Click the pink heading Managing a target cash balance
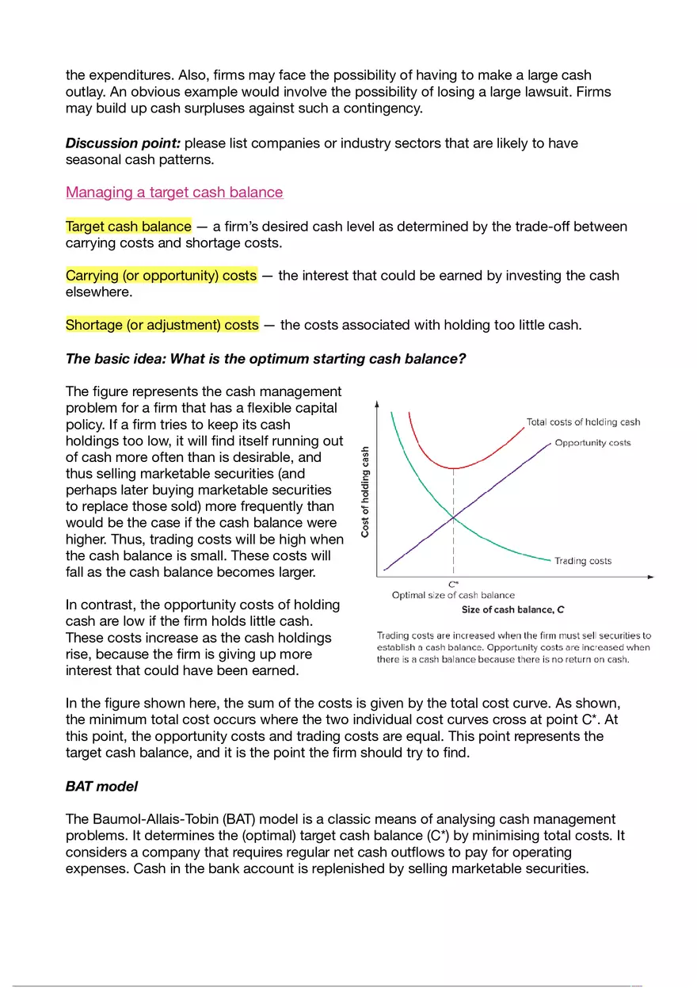pos(174,193)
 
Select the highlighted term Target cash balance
pos(128,227)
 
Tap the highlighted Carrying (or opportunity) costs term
pos(161,276)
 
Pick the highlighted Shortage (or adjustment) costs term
pos(162,325)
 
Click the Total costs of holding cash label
pos(583,422)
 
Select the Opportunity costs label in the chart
pos(592,443)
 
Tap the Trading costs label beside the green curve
pos(583,561)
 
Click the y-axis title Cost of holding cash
pos(365,492)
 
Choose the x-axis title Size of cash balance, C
pos(512,609)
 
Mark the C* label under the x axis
pos(453,584)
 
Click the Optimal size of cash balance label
pos(453,595)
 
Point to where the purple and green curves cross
pos(453,517)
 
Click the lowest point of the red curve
pos(453,468)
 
